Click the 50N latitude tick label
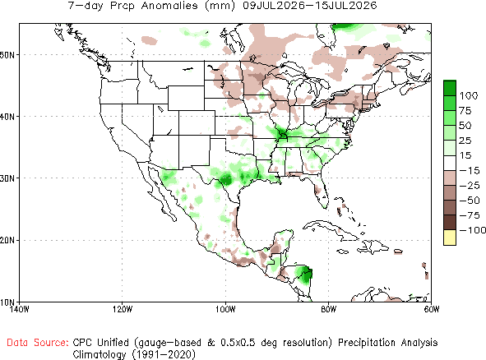click(7, 55)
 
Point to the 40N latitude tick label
click(7, 117)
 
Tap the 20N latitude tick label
click(7, 240)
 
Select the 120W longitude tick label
click(123, 310)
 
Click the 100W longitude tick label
click(225, 310)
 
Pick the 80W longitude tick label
click(329, 310)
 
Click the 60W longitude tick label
click(432, 310)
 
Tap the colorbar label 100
click(469, 95)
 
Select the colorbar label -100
click(472, 230)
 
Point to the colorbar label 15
click(465, 155)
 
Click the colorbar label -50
click(470, 201)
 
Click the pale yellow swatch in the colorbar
click(450, 238)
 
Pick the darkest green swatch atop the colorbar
click(450, 88)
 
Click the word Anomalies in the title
click(169, 5)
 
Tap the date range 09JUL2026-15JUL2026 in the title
click(310, 5)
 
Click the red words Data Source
click(38, 343)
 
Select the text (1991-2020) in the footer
click(164, 354)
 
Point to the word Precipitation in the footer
click(366, 343)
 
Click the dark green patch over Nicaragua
click(305, 275)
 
